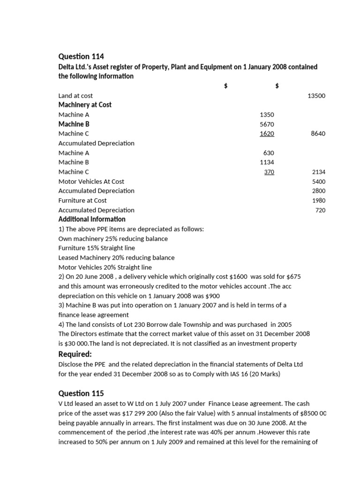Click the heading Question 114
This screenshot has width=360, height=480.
[x=81, y=57]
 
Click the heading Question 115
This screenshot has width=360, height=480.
[x=81, y=393]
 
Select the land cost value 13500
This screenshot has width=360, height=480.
[x=316, y=96]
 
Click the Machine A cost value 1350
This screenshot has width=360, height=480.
[x=267, y=114]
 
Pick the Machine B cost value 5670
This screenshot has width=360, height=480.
[x=267, y=124]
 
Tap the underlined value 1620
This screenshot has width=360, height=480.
[x=267, y=134]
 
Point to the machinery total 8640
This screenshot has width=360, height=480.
[x=318, y=134]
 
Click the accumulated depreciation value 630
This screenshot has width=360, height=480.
[x=269, y=153]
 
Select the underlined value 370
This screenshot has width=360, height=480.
[x=269, y=172]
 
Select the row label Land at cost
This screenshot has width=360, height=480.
[x=75, y=96]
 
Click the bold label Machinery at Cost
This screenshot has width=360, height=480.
[x=85, y=105]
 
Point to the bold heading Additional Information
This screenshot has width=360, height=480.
[x=92, y=219]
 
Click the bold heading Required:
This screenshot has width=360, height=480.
[x=75, y=353]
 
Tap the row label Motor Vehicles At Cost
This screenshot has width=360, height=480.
[x=91, y=181]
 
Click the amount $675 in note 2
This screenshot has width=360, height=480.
[x=293, y=277]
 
